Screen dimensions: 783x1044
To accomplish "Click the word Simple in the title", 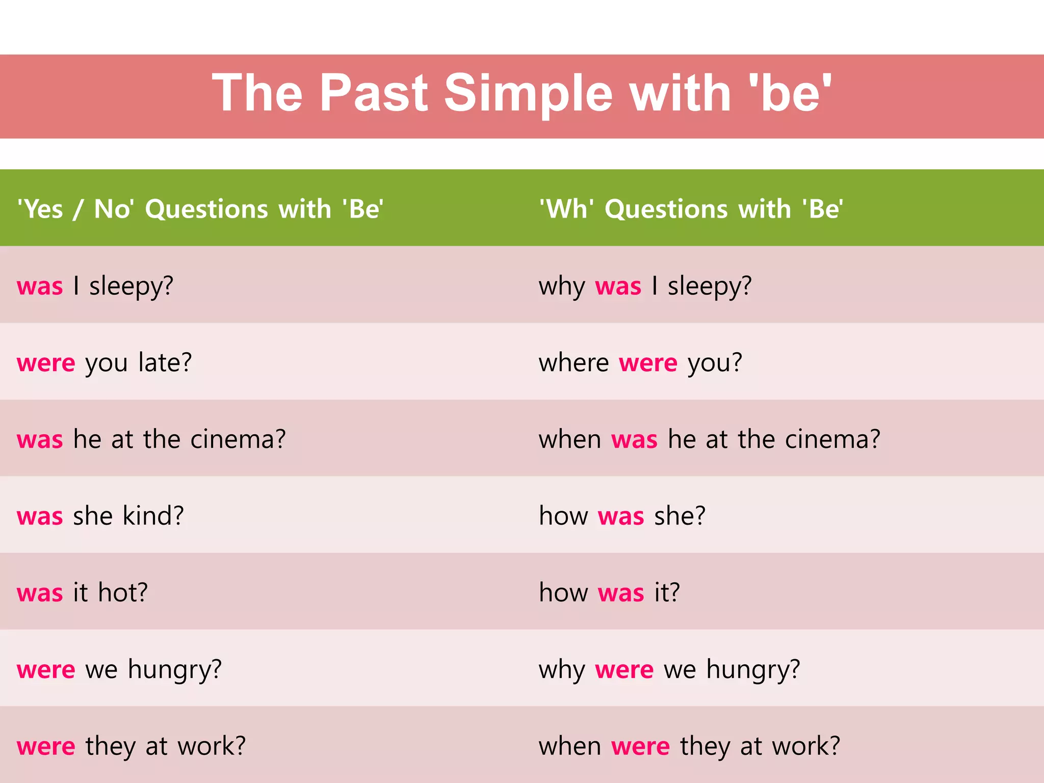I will (528, 93).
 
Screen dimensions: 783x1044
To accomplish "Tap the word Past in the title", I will (374, 93).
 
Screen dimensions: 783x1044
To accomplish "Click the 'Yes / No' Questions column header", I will (200, 209).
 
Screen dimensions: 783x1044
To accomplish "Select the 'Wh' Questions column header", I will (691, 209).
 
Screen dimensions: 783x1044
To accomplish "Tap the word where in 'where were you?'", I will (573, 363).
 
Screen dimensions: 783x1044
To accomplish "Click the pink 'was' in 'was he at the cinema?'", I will (40, 439).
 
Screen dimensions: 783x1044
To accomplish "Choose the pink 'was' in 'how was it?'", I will (621, 593).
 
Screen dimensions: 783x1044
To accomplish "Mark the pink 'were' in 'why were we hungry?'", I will (624, 670).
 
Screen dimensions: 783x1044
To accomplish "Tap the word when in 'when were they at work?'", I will (570, 746).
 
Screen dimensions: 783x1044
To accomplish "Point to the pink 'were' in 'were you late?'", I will (46, 363).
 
